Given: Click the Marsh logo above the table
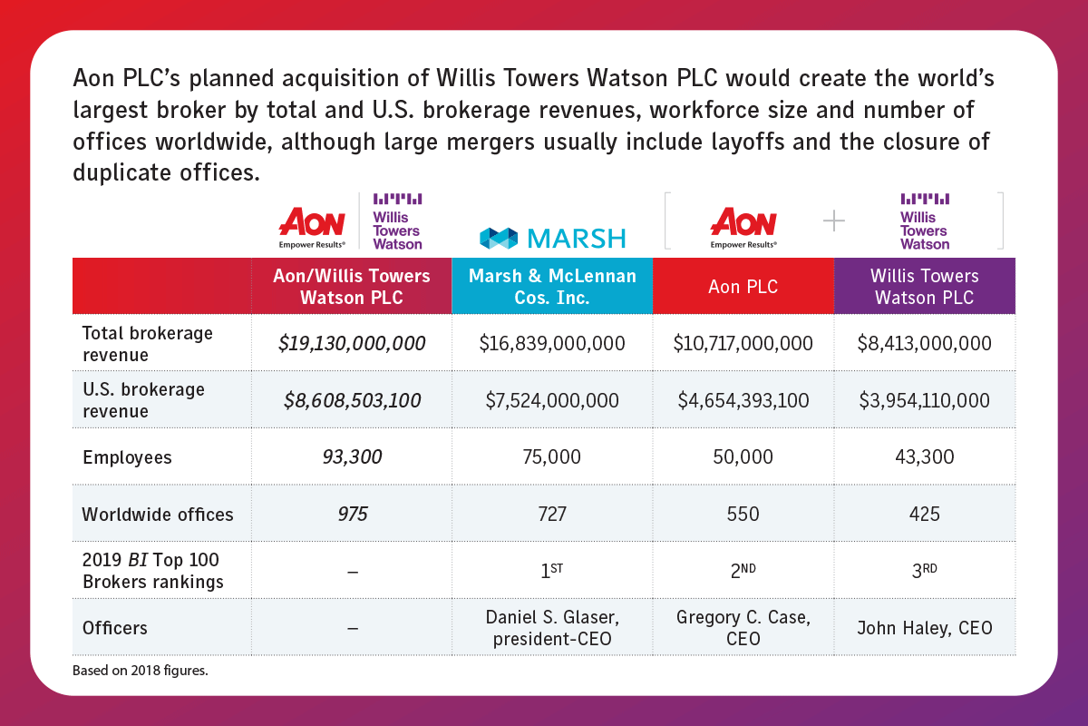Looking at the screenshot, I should pos(552,238).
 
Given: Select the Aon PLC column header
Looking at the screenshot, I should pos(743,286).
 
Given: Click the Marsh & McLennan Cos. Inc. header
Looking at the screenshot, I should pos(552,286).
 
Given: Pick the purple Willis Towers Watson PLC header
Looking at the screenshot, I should pos(924,286).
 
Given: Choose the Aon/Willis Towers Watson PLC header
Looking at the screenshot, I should pos(352,286).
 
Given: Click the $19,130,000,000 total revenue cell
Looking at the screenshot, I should pos(352,344).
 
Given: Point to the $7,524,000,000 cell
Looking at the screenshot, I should pos(552,400).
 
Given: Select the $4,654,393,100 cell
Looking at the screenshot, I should pos(743,400).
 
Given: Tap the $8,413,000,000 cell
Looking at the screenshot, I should pos(924,344).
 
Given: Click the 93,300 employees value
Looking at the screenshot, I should pos(352,457).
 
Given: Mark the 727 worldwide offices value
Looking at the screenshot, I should pos(552,515).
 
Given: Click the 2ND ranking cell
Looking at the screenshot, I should pos(743,571).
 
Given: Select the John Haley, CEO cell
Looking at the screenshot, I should pos(924,628).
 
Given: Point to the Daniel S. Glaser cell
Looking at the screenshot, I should pos(552,628).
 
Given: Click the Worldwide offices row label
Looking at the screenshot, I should pos(158,515).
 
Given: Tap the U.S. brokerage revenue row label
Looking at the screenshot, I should pos(143,400).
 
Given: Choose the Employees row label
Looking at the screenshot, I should pos(127,457).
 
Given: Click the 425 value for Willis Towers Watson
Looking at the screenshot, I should pos(924,515).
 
